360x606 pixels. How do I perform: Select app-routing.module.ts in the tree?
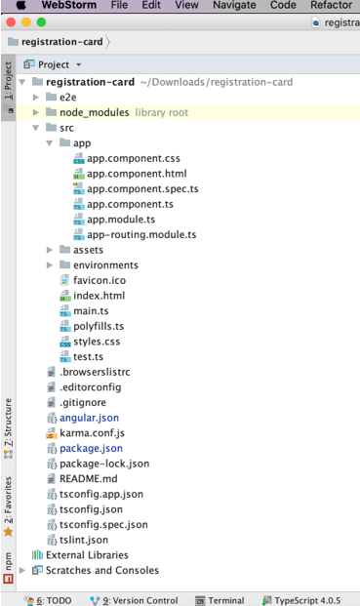[x=141, y=235]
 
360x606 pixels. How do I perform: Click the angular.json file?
[x=89, y=418]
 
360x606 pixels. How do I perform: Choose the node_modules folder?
[x=94, y=112]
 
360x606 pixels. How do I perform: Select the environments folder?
[x=105, y=264]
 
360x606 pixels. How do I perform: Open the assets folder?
[x=88, y=250]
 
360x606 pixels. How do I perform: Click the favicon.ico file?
[x=99, y=280]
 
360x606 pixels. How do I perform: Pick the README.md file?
[x=88, y=478]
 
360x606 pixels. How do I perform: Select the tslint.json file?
[x=84, y=540]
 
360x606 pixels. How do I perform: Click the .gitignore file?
[x=86, y=402]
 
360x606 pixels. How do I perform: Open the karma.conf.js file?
[x=92, y=432]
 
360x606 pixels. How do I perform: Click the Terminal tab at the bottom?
[x=225, y=600]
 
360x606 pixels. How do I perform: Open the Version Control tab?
[x=140, y=600]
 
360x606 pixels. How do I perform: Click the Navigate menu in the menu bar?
[x=234, y=6]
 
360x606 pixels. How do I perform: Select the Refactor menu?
[x=331, y=6]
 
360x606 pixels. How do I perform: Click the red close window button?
[x=13, y=21]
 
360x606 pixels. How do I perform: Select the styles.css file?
[x=97, y=342]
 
